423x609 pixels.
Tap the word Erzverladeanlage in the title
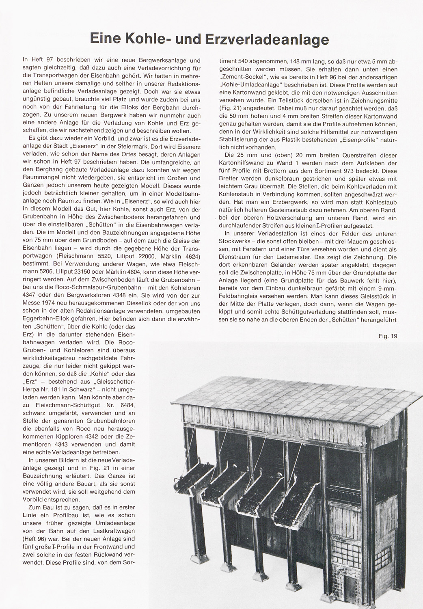[266, 40]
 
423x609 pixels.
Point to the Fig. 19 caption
[388, 336]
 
